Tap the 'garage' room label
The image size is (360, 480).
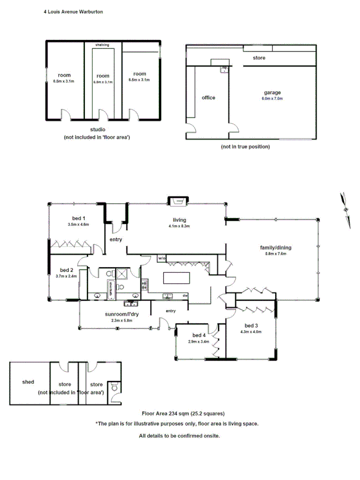pos(272,92)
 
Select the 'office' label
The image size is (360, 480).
pos(209,98)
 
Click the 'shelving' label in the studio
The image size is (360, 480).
pos(102,45)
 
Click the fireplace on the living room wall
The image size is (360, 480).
pos(175,201)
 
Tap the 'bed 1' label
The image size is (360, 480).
pos(79,218)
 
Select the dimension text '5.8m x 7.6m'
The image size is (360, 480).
pos(276,254)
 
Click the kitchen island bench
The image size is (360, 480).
pos(176,278)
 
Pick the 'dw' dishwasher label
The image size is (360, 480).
pos(185,295)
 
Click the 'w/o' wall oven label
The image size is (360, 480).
pos(162,259)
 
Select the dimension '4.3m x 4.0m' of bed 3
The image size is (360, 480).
pos(251,332)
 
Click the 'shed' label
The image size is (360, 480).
pos(28,382)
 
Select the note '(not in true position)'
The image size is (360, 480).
pos(245,147)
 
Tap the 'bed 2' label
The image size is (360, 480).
pos(66,270)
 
